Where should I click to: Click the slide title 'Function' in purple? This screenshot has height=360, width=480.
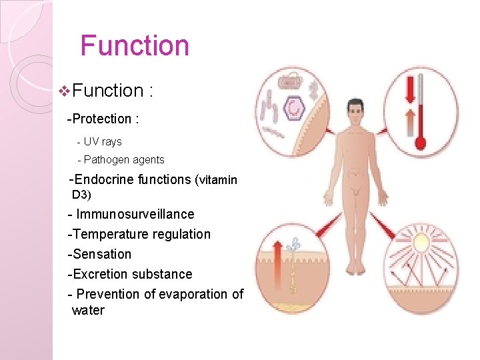135,45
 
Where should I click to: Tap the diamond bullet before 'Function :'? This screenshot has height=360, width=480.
64,90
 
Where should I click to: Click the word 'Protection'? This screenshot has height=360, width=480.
101,119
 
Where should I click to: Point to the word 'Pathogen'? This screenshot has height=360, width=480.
105,160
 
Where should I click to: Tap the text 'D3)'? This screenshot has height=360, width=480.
81,195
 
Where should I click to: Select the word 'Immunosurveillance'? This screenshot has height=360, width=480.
135,215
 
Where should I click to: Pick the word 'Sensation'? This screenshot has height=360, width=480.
102,255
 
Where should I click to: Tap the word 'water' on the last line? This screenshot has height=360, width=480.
88,311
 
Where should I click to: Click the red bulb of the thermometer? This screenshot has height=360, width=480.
421,141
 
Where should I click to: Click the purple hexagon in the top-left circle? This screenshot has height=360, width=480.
293,106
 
